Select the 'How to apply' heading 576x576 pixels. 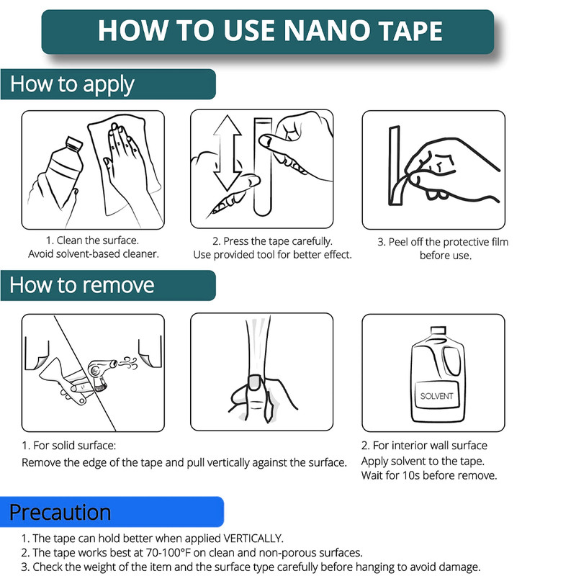point(72,84)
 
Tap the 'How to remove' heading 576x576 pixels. point(81,285)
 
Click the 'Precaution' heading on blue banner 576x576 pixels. point(60,512)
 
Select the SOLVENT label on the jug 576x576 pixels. point(436,397)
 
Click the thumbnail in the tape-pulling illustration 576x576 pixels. point(253,380)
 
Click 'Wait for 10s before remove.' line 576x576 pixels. point(428,475)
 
